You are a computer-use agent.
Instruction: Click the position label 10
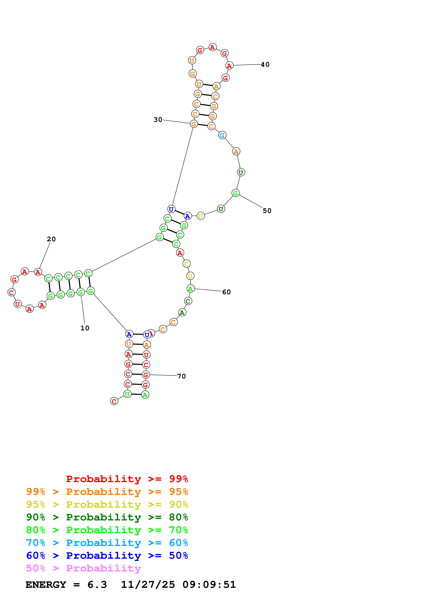click(x=85, y=328)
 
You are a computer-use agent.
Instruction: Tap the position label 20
click(x=51, y=239)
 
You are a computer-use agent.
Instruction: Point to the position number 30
click(x=158, y=120)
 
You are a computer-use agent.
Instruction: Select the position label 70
click(x=181, y=376)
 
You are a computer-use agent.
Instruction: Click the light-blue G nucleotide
click(x=222, y=135)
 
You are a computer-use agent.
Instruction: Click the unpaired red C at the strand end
click(x=114, y=401)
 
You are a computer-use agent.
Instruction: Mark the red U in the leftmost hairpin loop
click(x=17, y=304)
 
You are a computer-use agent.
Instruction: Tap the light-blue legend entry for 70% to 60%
click(x=107, y=543)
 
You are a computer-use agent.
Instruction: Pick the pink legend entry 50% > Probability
click(x=83, y=568)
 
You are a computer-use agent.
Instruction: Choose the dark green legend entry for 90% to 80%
click(x=107, y=517)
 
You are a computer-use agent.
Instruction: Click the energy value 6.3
click(x=97, y=585)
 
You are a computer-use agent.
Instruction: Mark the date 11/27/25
click(x=148, y=585)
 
